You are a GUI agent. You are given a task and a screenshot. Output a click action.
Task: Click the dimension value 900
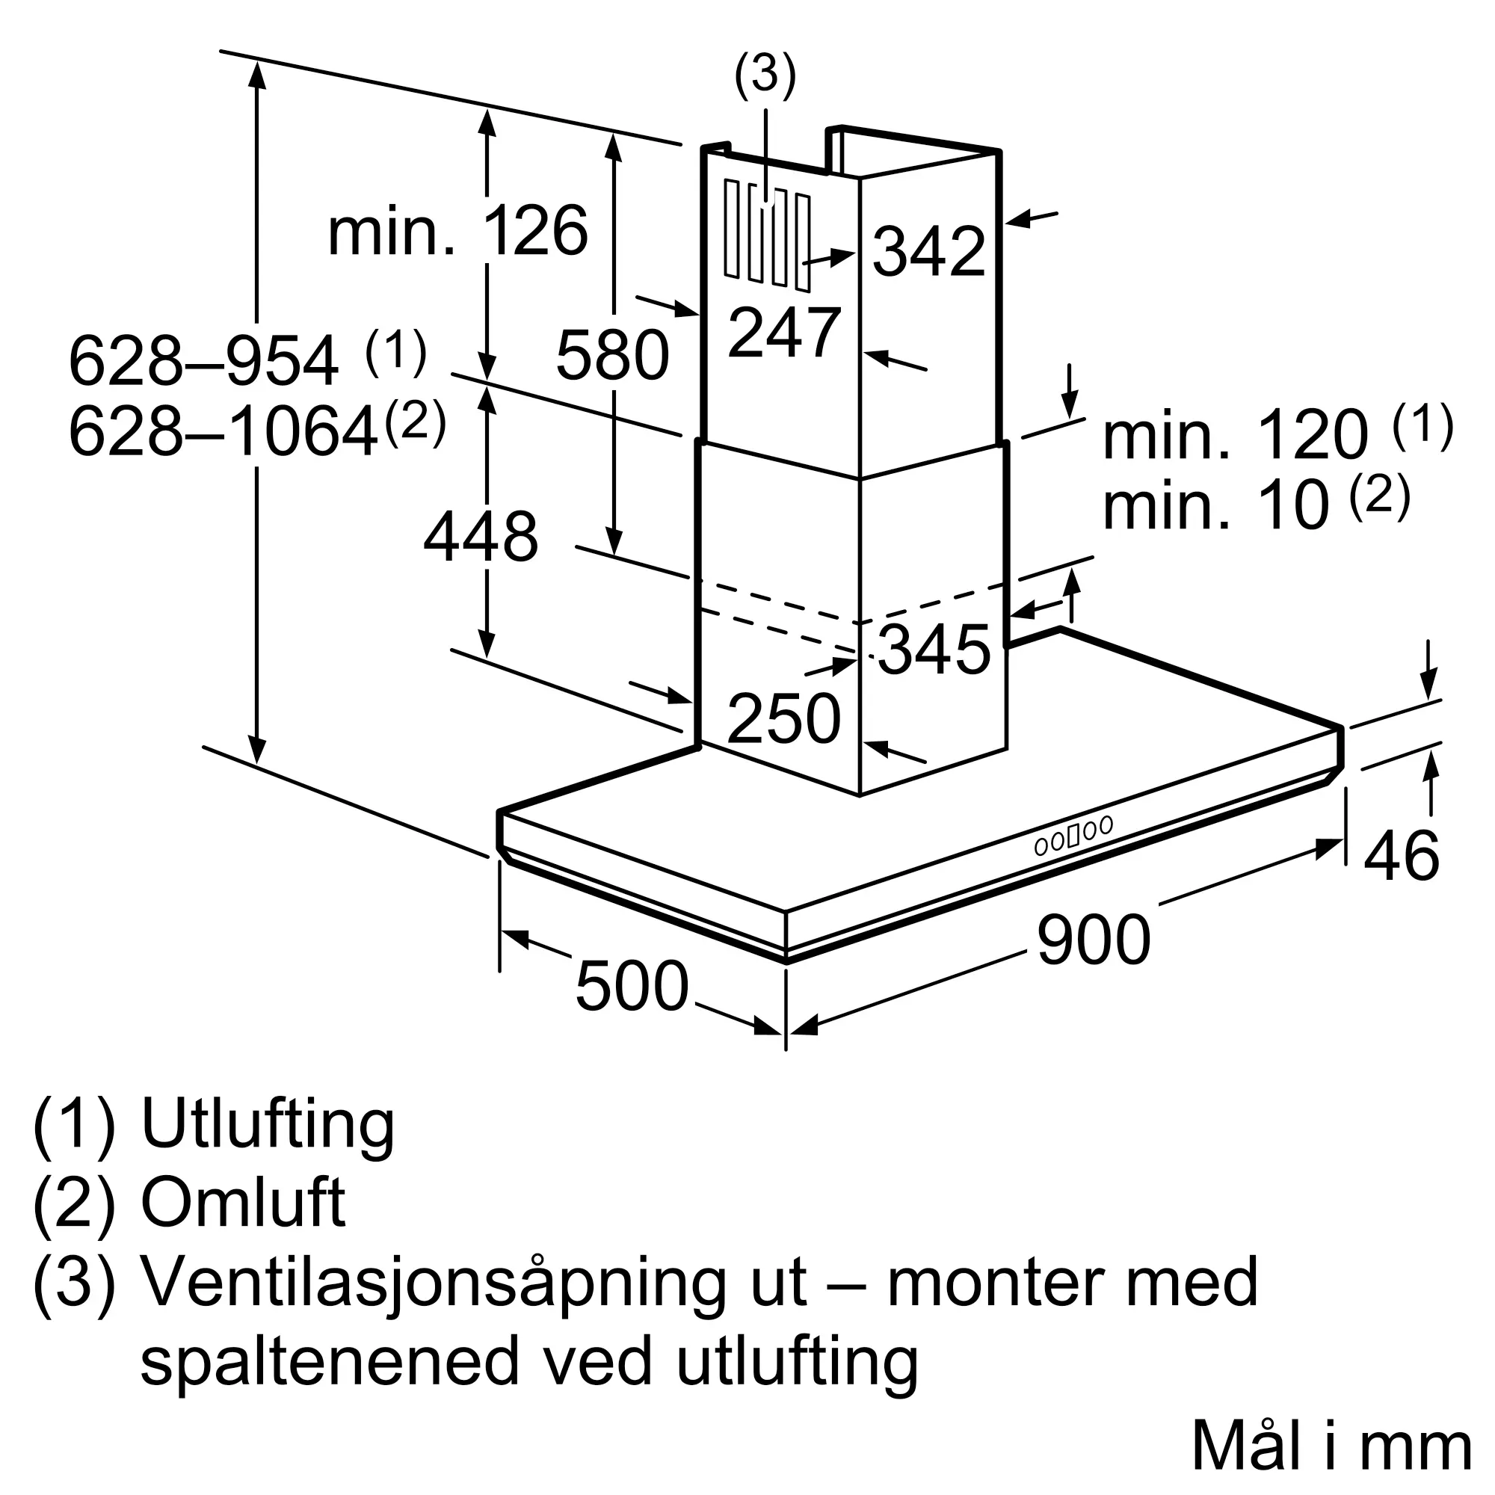pyautogui.click(x=1094, y=940)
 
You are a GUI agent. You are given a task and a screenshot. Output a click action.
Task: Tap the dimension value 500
pyautogui.click(x=632, y=986)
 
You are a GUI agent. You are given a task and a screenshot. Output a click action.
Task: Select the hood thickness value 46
pyautogui.click(x=1402, y=856)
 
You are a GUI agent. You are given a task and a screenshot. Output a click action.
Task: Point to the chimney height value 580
pyautogui.click(x=612, y=355)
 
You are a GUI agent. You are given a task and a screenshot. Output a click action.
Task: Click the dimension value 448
pyautogui.click(x=481, y=537)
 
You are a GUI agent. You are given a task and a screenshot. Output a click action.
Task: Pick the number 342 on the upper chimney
pyautogui.click(x=929, y=250)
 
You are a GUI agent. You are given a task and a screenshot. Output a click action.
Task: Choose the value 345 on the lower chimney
pyautogui.click(x=934, y=650)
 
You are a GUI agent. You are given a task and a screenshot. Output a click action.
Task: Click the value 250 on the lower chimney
pyautogui.click(x=784, y=719)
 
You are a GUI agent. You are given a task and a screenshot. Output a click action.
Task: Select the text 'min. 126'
pyautogui.click(x=458, y=230)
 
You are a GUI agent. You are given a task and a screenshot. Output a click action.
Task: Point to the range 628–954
pyautogui.click(x=203, y=360)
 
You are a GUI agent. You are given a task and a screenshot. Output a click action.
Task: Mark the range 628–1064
pyautogui.click(x=224, y=433)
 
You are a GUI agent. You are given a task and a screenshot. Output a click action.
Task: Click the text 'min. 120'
pyautogui.click(x=1236, y=436)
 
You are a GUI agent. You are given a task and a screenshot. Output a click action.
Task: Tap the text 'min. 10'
pyautogui.click(x=1216, y=505)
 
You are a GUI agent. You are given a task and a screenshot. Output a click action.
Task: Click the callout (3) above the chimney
pyautogui.click(x=765, y=75)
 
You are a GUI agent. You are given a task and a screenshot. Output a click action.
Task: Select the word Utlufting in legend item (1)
pyautogui.click(x=268, y=1126)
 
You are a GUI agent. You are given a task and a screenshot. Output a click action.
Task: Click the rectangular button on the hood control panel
pyautogui.click(x=1073, y=836)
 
